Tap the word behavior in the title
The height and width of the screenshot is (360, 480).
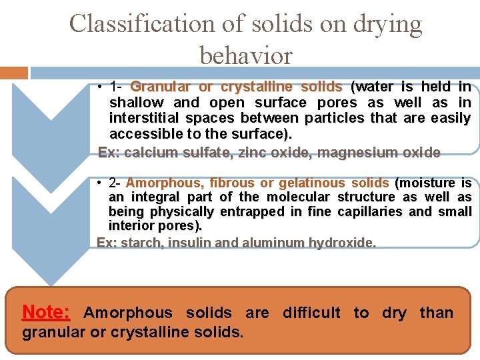coord(246,56)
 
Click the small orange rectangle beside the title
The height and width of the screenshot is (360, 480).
coord(13,72)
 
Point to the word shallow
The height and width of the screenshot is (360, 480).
coord(137,103)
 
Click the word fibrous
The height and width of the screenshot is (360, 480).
coord(232,183)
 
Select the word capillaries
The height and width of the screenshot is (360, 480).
coord(371,212)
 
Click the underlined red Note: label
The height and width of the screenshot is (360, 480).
coord(46,312)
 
